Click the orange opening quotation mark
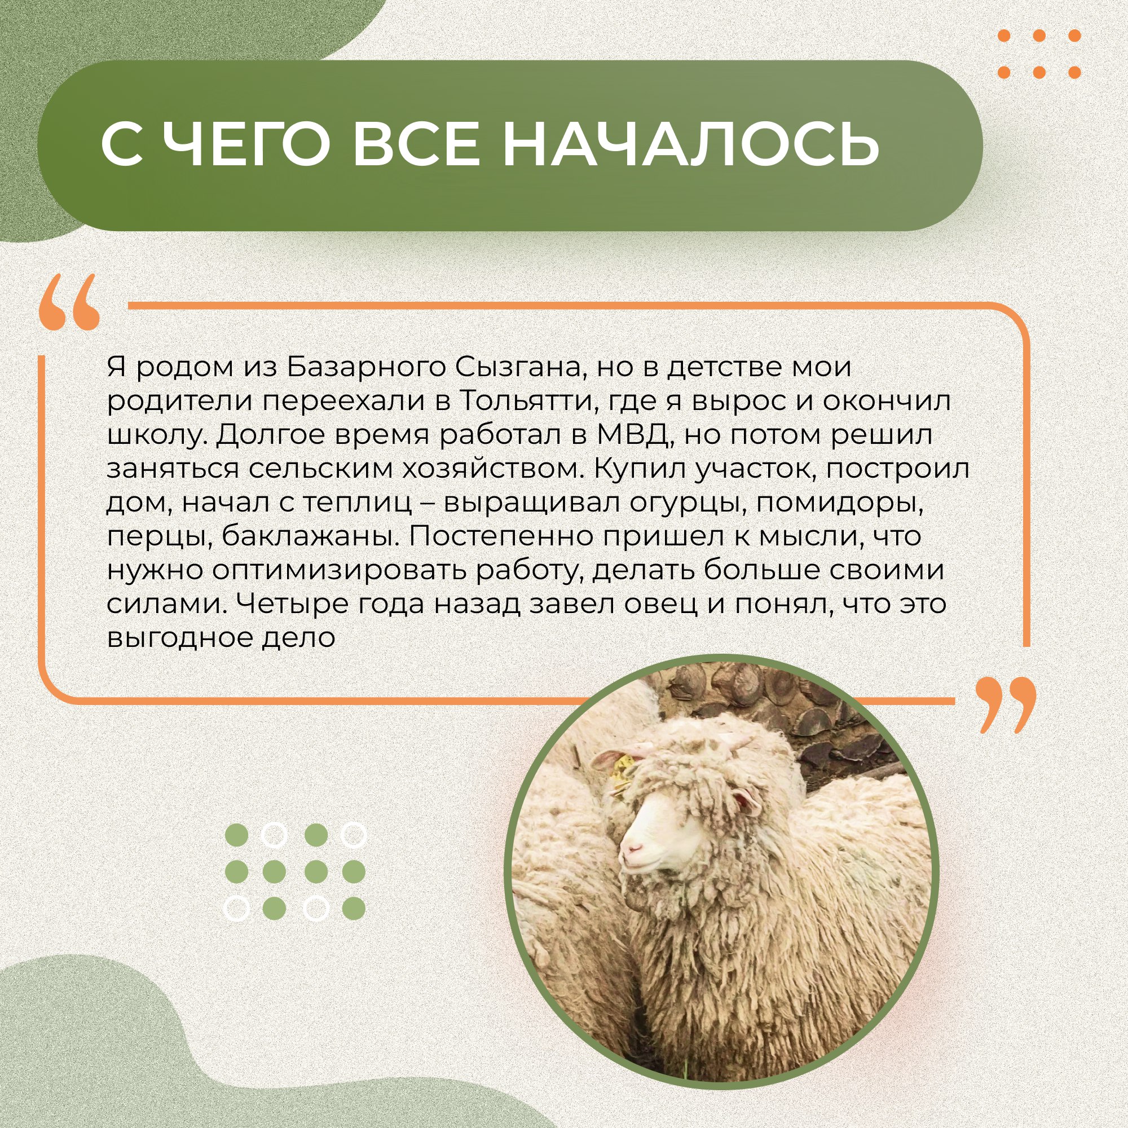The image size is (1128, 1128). pos(69,302)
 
